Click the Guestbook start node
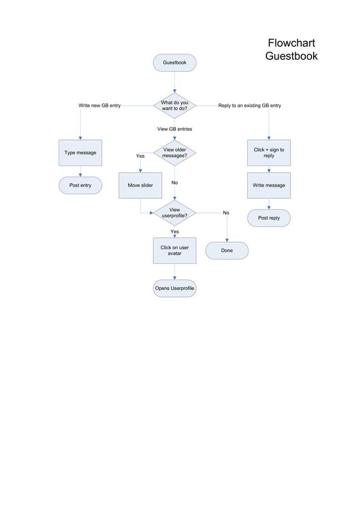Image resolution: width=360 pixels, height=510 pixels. coord(174,63)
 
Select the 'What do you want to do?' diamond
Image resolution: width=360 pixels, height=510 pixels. coord(174,105)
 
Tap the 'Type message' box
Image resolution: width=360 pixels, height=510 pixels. coord(80,152)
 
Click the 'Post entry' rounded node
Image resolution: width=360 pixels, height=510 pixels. coord(80,185)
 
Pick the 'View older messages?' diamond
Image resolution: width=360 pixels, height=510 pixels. coord(174,152)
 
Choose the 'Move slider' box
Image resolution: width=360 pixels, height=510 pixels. coord(140,185)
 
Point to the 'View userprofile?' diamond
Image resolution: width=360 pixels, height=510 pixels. coord(174,212)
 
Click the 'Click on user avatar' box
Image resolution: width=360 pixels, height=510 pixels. coord(174,250)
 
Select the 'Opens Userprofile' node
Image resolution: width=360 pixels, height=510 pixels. coord(174,288)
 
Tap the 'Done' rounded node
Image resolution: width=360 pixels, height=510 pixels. coord(227,250)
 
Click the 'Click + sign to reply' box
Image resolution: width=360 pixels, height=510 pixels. coord(269,152)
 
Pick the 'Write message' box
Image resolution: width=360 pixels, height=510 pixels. coord(269,185)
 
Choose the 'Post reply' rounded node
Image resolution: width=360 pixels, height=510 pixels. coord(269,218)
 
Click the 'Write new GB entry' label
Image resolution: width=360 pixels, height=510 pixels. coord(99,106)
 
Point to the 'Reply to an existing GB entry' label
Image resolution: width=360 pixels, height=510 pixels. coord(249,106)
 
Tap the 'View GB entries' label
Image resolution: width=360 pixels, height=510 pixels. coord(174,129)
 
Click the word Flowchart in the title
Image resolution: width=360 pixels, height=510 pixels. coord(291,43)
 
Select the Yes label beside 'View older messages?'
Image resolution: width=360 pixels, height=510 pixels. coord(140,156)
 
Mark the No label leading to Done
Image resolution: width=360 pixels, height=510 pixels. coord(226,213)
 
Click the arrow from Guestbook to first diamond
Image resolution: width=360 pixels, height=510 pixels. coord(174,82)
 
